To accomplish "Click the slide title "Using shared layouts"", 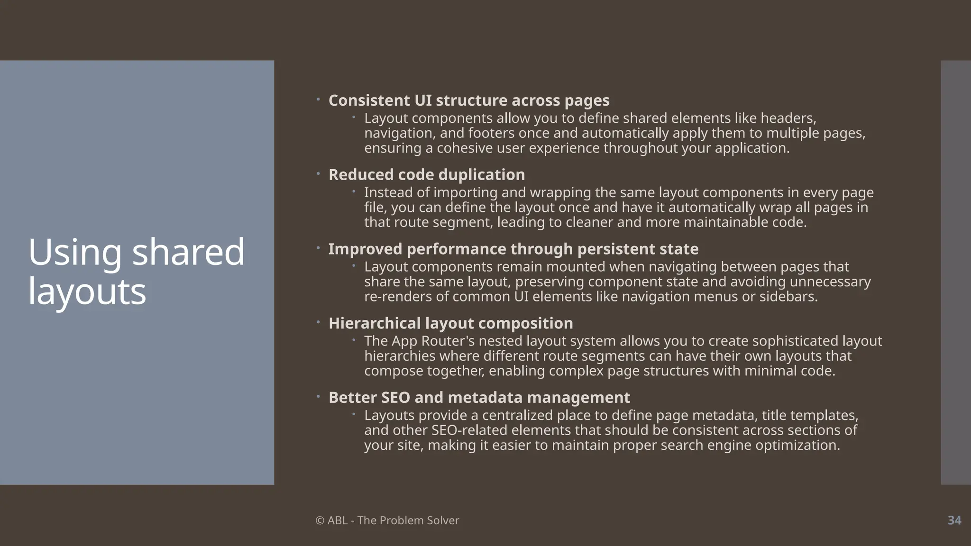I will (x=136, y=271).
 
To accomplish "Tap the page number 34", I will (x=954, y=520).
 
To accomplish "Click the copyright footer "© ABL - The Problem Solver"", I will (x=387, y=520).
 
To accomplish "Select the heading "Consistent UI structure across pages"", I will (x=469, y=100).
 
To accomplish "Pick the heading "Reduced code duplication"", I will (x=427, y=175).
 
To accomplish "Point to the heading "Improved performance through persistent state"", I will (x=513, y=249).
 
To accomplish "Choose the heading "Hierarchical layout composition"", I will (x=451, y=323).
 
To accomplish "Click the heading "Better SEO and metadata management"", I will (x=479, y=398).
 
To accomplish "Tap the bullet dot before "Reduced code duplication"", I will (x=319, y=174).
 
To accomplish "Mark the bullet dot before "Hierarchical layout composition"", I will (x=319, y=322).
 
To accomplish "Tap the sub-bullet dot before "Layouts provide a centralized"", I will (x=354, y=414).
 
